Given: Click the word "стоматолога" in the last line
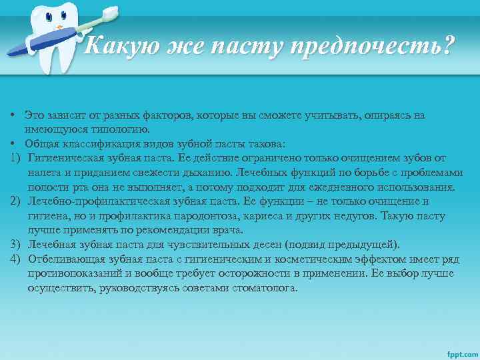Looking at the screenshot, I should point(267,288).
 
